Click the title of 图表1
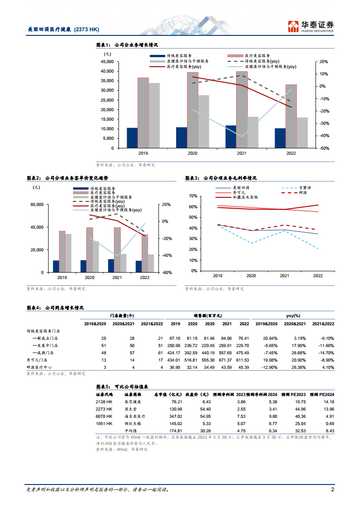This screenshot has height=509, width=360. tap(128, 45)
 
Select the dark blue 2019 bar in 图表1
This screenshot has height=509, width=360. tap(132, 138)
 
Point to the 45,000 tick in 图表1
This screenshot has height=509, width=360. tap(107, 62)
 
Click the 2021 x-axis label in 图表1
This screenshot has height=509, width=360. tap(242, 153)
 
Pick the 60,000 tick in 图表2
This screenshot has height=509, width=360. tap(37, 205)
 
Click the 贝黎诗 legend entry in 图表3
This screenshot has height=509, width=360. tap(305, 187)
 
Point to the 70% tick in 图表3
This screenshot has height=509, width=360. tap(192, 196)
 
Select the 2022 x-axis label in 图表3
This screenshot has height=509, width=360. tap(317, 275)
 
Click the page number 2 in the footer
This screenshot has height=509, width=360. tap(333, 489)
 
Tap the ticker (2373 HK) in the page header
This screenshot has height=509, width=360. tap(86, 29)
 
